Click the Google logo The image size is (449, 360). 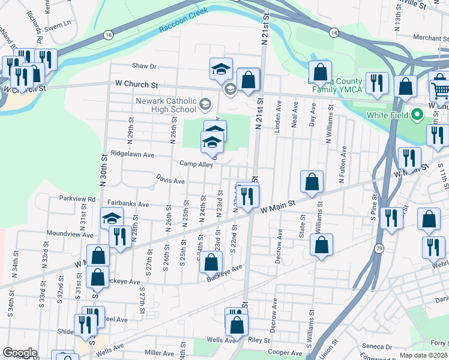click(20, 353)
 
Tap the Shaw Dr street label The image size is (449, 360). click(145, 66)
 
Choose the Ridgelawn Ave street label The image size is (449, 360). click(132, 155)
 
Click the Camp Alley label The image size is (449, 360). click(196, 164)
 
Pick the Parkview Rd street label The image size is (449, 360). click(77, 199)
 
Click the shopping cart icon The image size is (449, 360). click(440, 91)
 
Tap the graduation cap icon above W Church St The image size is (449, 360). click(221, 70)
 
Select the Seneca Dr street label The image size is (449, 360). click(377, 346)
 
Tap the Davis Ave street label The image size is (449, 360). click(170, 180)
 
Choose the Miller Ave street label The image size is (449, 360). click(159, 353)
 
